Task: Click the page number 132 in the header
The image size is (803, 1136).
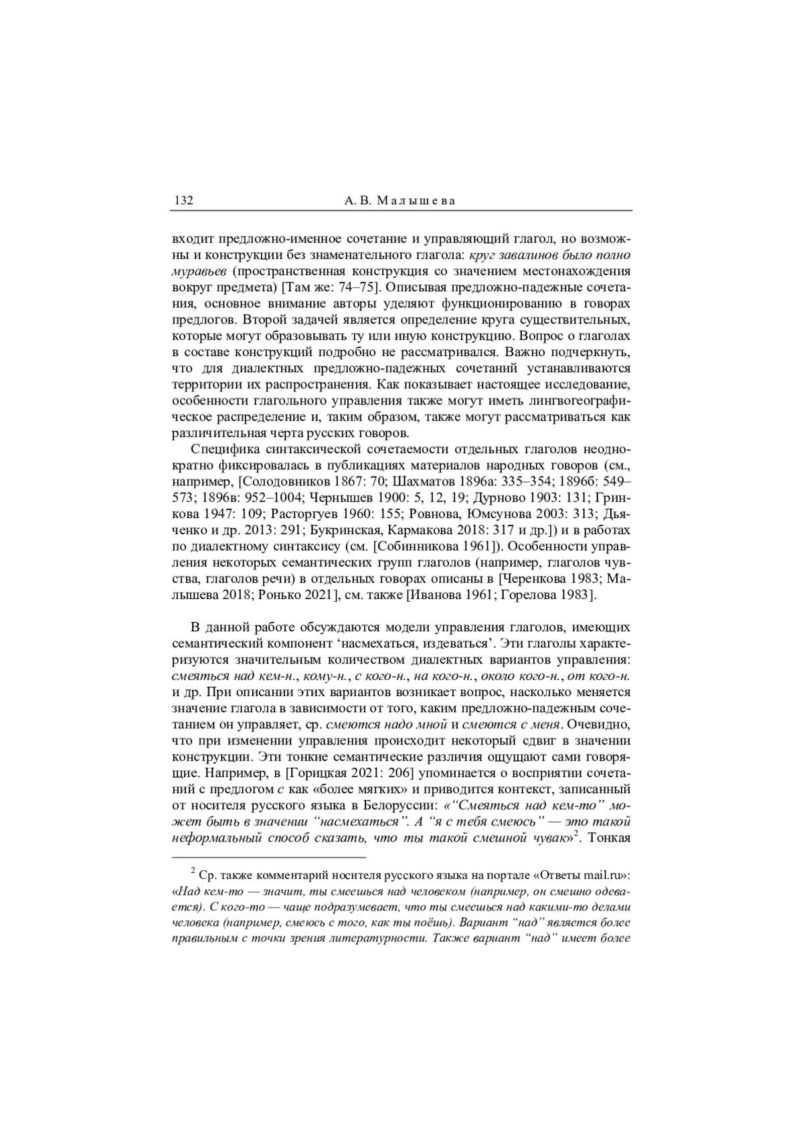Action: pos(183,200)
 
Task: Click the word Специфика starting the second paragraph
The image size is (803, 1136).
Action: pos(226,448)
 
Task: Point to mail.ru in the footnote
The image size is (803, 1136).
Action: pos(605,875)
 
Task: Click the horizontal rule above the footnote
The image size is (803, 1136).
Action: pos(269,856)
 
